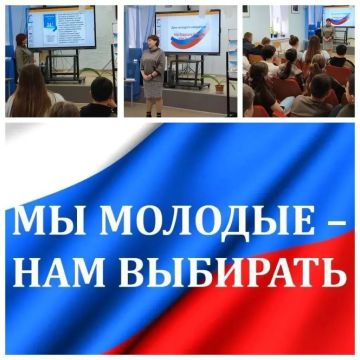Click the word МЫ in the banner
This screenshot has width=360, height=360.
38,220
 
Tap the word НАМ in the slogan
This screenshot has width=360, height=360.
61,270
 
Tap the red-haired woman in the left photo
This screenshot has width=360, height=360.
23,60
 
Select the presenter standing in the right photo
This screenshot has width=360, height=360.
326,32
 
